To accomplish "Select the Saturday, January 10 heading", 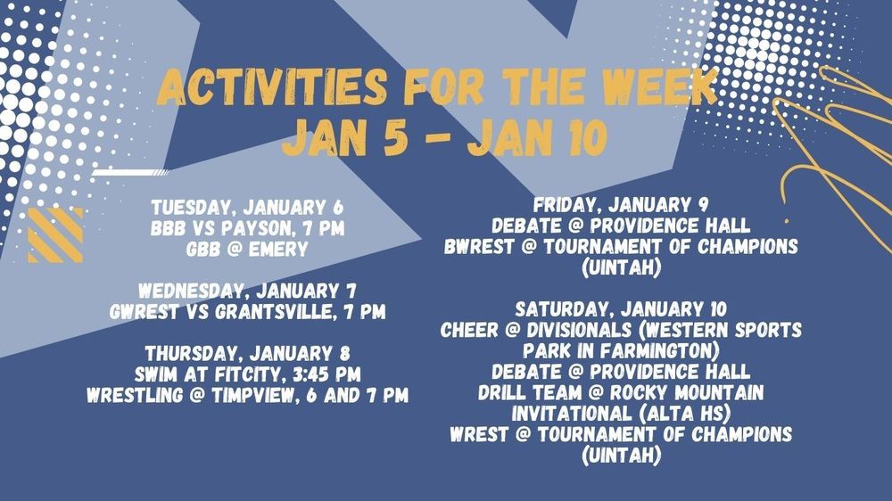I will coord(621,309).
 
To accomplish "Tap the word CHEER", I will coord(470,329).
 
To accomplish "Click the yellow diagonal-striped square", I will coord(55,235).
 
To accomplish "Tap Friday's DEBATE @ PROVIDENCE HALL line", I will coord(621,225).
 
